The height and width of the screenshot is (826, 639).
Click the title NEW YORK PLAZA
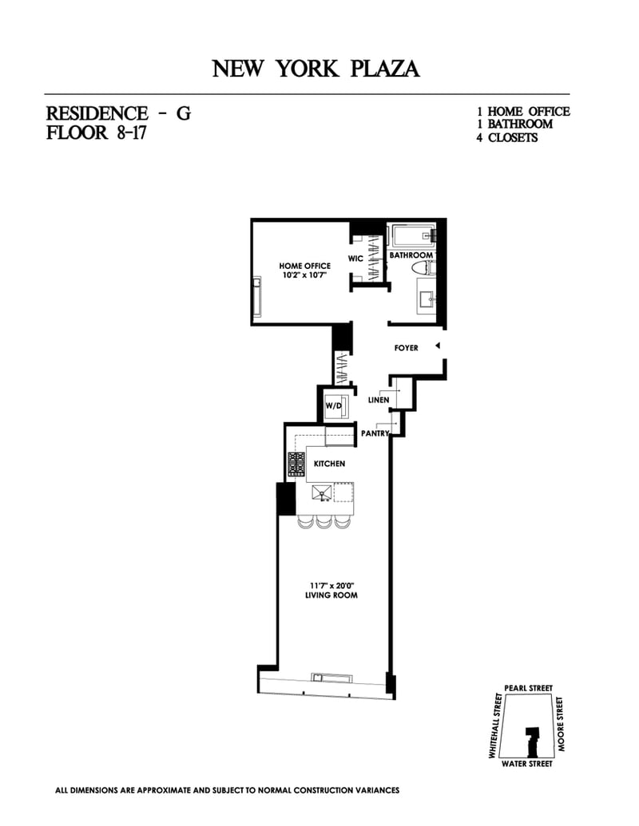(x=316, y=69)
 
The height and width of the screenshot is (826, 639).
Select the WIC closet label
(x=356, y=259)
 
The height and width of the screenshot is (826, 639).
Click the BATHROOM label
(x=411, y=255)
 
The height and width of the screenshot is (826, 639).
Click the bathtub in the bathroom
(x=411, y=236)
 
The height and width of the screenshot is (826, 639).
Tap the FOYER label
(x=406, y=348)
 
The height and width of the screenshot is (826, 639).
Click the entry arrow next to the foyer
(x=437, y=346)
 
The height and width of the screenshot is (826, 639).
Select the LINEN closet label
(x=379, y=400)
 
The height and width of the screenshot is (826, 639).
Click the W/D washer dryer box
(x=333, y=405)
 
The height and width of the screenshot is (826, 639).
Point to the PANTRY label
(x=375, y=433)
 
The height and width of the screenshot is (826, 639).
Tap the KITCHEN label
(x=329, y=464)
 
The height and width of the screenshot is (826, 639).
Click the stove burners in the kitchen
(x=296, y=464)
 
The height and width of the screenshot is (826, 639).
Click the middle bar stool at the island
(x=323, y=522)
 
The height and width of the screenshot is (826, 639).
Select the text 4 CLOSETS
(x=507, y=137)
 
